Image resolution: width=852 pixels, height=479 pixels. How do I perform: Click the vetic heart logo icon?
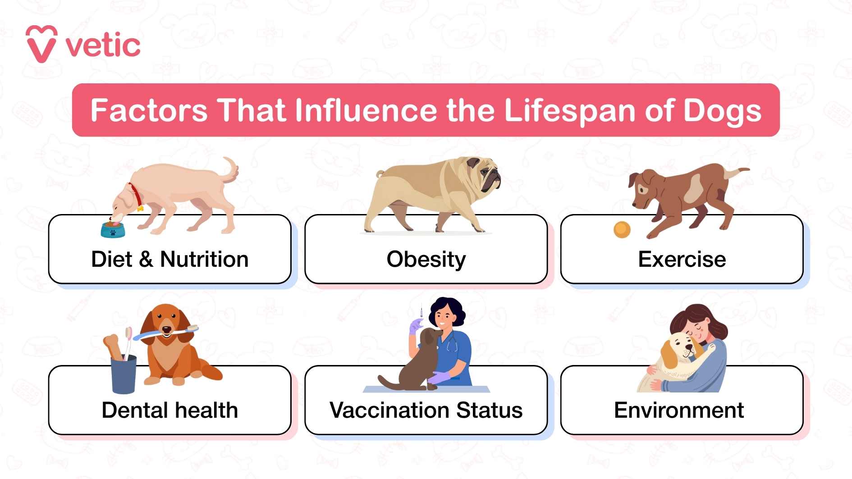pyautogui.click(x=41, y=44)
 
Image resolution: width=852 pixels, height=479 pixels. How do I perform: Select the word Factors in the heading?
pyautogui.click(x=149, y=110)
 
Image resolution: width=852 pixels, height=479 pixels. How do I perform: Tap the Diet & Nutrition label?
pyautogui.click(x=169, y=259)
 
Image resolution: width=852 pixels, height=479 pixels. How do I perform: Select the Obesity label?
pyautogui.click(x=426, y=259)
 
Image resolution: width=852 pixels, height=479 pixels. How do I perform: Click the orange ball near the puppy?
pyautogui.click(x=622, y=229)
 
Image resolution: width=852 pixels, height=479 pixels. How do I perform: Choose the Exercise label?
pyautogui.click(x=682, y=259)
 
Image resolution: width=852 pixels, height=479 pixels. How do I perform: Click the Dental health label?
pyautogui.click(x=169, y=410)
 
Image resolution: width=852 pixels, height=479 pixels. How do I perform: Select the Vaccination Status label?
pyautogui.click(x=426, y=410)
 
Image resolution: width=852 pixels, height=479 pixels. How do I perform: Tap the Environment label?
pyautogui.click(x=678, y=410)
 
